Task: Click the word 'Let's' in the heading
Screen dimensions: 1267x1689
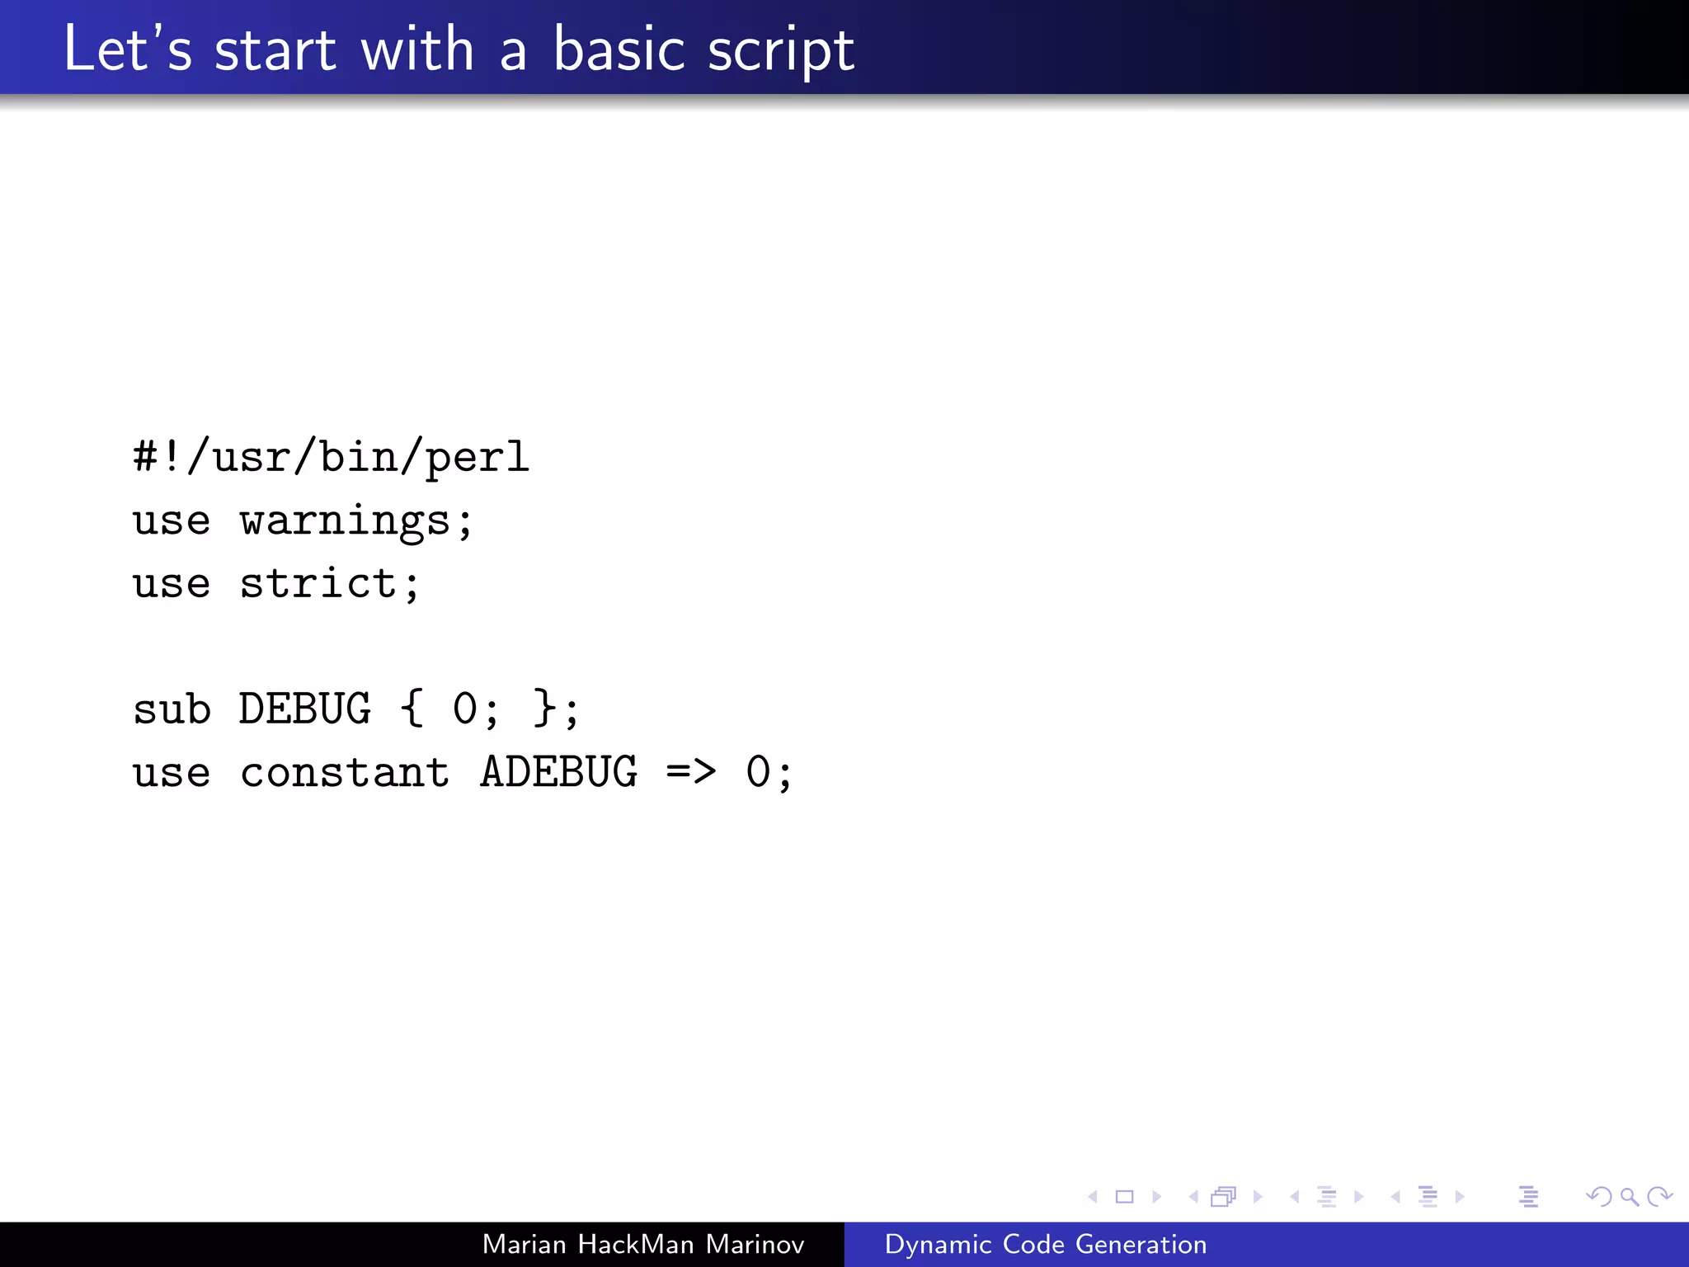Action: [127, 49]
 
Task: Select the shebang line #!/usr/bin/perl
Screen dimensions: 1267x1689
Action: [331, 457]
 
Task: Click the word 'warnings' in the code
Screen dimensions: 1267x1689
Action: [345, 521]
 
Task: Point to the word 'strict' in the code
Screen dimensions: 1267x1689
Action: [318, 584]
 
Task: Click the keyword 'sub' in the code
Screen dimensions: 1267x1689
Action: [172, 709]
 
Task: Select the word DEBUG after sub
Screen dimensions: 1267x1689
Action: [305, 709]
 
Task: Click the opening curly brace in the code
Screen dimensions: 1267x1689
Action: [412, 709]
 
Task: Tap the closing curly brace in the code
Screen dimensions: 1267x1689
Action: [544, 709]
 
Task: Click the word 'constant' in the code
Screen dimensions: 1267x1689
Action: [345, 774]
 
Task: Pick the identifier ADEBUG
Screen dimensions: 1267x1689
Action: [558, 774]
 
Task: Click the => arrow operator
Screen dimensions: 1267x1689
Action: [691, 772]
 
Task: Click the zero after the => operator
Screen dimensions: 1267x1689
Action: [758, 774]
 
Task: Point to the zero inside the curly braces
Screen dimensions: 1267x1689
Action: [465, 709]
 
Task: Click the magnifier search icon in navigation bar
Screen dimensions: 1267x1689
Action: [1629, 1196]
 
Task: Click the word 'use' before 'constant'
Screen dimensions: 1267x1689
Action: [172, 774]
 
